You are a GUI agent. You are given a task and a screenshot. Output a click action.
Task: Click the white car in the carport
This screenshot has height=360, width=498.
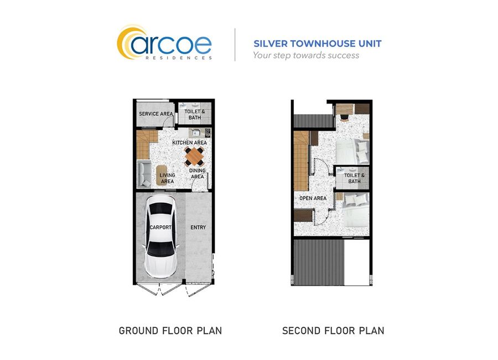(x=161, y=236)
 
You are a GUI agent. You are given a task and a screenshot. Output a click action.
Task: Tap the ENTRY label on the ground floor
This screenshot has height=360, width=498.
(x=198, y=228)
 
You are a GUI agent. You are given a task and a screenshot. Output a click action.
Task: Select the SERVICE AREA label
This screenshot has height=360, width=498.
(x=156, y=114)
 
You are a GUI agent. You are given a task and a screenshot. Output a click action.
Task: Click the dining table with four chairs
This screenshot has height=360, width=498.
(x=194, y=157)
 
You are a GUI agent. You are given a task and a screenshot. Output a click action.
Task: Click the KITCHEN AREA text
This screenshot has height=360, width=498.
(x=190, y=143)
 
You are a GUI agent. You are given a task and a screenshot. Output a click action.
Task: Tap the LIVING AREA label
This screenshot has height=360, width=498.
(x=167, y=178)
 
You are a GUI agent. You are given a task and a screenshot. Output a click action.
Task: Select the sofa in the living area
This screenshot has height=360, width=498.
(x=144, y=174)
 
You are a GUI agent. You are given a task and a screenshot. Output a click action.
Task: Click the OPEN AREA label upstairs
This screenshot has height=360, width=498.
(x=313, y=198)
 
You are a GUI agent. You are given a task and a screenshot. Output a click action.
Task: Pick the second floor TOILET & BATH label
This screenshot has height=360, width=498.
(x=355, y=178)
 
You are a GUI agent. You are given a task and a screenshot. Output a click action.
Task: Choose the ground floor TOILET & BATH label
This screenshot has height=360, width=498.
(x=195, y=115)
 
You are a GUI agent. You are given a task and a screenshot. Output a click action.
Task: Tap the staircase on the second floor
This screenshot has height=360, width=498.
(x=302, y=161)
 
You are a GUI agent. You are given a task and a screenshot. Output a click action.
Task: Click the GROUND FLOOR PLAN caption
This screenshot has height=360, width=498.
(x=170, y=331)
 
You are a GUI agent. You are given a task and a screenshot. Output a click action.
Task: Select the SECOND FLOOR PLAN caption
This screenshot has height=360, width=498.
(x=333, y=331)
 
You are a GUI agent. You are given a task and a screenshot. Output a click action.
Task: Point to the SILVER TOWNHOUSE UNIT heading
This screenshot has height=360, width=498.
(x=317, y=44)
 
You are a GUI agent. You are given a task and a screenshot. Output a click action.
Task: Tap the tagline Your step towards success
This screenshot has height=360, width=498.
(x=306, y=55)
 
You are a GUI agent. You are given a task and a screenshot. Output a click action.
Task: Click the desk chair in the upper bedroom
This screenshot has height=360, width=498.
(x=345, y=117)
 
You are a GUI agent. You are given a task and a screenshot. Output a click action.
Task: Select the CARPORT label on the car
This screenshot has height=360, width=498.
(x=160, y=228)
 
